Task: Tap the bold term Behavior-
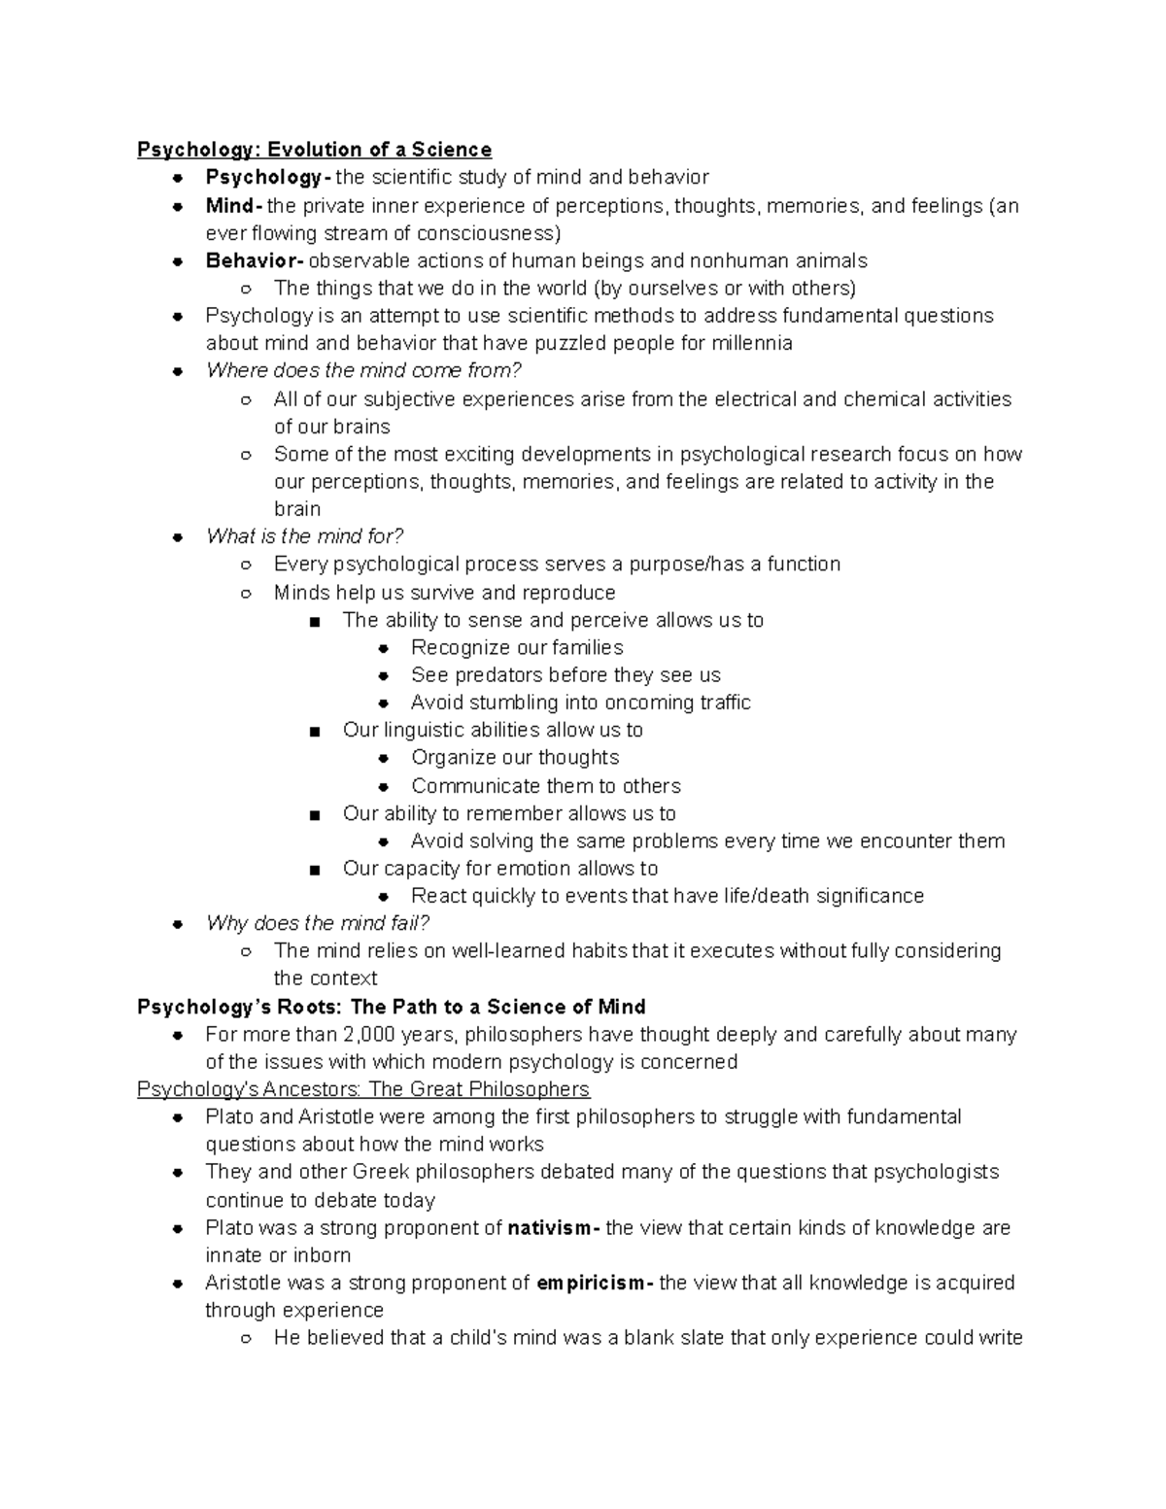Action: (x=254, y=260)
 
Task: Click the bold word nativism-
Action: (x=553, y=1227)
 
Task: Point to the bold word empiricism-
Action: (x=595, y=1283)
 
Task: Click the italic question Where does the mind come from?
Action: (x=363, y=370)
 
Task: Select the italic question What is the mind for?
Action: (x=304, y=536)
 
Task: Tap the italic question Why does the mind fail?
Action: (x=317, y=922)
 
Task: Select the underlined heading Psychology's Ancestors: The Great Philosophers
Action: (x=363, y=1088)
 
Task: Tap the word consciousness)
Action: (x=489, y=233)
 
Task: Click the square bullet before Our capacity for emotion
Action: (x=314, y=870)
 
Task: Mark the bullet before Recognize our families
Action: (x=384, y=648)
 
